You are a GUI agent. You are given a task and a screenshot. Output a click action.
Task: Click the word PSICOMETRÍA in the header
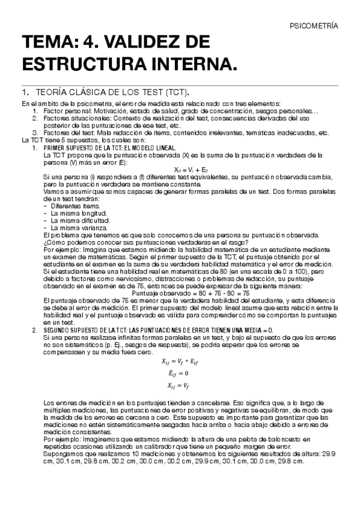tap(314, 26)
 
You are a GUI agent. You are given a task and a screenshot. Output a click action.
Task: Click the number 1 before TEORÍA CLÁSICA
tap(24, 93)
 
